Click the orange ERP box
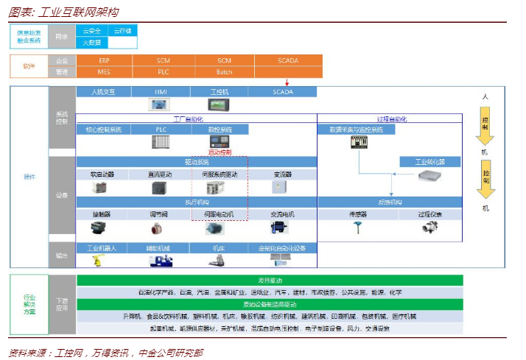(x=104, y=60)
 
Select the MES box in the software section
(x=104, y=72)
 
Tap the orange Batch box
(x=224, y=72)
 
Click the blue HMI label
(x=161, y=92)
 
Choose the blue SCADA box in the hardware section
(x=283, y=92)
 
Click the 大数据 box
(x=91, y=43)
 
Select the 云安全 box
(x=91, y=32)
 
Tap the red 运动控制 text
(x=220, y=152)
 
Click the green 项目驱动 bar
(x=270, y=280)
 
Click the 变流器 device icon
(x=281, y=188)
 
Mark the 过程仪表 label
(x=429, y=214)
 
